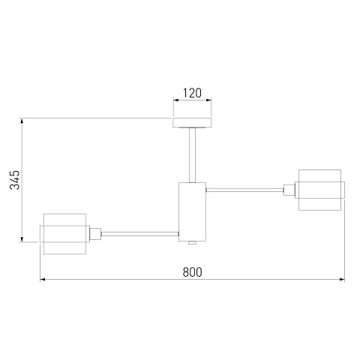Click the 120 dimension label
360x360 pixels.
[x=192, y=93]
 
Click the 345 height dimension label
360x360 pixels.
[x=14, y=180]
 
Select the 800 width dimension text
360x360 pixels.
[x=192, y=272]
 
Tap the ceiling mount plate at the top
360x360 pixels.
[x=192, y=122]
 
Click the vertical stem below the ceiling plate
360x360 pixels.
[x=192, y=155]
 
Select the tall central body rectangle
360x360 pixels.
[x=192, y=211]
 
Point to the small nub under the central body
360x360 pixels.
[x=192, y=243]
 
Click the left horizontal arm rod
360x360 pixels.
[x=139, y=234]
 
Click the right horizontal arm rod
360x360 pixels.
[x=244, y=190]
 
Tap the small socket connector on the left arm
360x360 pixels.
[x=95, y=234]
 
